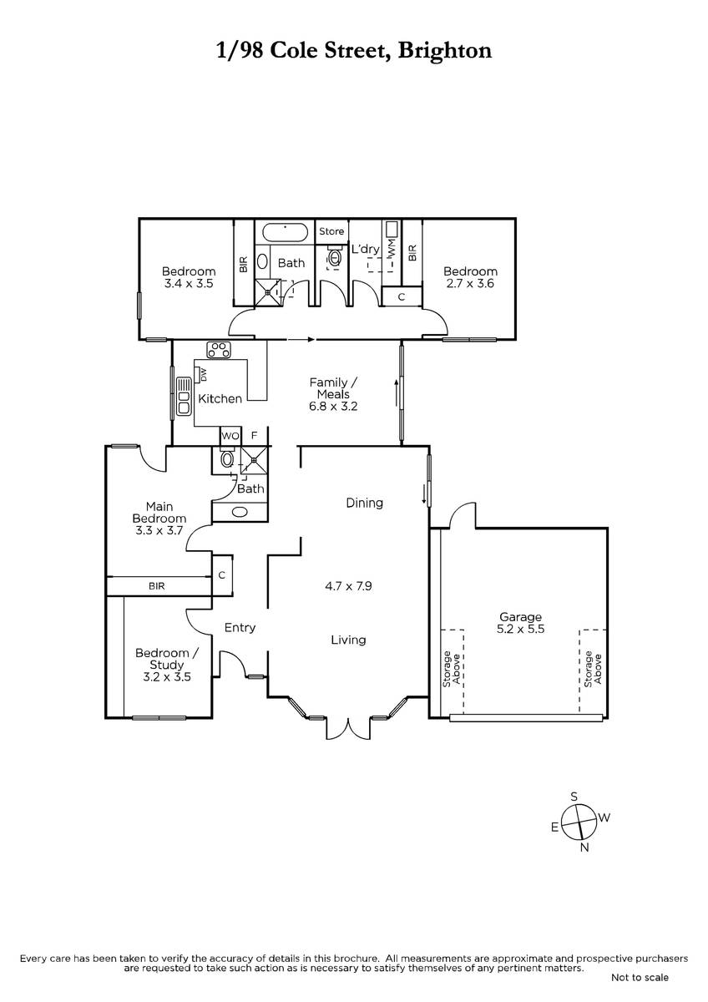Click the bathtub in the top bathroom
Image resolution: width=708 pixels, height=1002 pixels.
tap(285, 233)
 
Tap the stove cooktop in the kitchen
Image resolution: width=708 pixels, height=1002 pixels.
tap(218, 350)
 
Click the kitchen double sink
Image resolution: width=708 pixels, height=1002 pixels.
tap(184, 397)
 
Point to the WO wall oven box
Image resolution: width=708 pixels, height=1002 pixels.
tap(230, 436)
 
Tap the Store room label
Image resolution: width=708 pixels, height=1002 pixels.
tap(331, 231)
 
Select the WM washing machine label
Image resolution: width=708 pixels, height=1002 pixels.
tap(392, 248)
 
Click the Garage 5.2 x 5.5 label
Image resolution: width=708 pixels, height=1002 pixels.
tap(521, 623)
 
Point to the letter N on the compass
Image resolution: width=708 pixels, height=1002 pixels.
tap(584, 847)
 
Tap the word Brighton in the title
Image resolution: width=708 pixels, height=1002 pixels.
tap(444, 51)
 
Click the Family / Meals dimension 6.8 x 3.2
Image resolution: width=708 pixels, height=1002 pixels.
tap(333, 406)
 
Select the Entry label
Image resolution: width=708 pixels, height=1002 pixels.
tap(240, 628)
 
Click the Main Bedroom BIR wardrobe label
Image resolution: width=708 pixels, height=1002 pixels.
tap(156, 586)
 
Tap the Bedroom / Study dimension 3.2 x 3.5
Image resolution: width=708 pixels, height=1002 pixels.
tap(167, 677)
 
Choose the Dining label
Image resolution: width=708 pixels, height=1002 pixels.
tap(365, 504)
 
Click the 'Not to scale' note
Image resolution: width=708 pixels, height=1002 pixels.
tap(640, 990)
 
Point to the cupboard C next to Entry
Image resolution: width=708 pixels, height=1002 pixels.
tap(222, 575)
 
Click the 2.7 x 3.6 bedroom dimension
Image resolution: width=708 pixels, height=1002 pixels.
tap(470, 283)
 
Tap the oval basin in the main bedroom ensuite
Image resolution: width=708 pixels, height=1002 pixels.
tap(240, 512)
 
